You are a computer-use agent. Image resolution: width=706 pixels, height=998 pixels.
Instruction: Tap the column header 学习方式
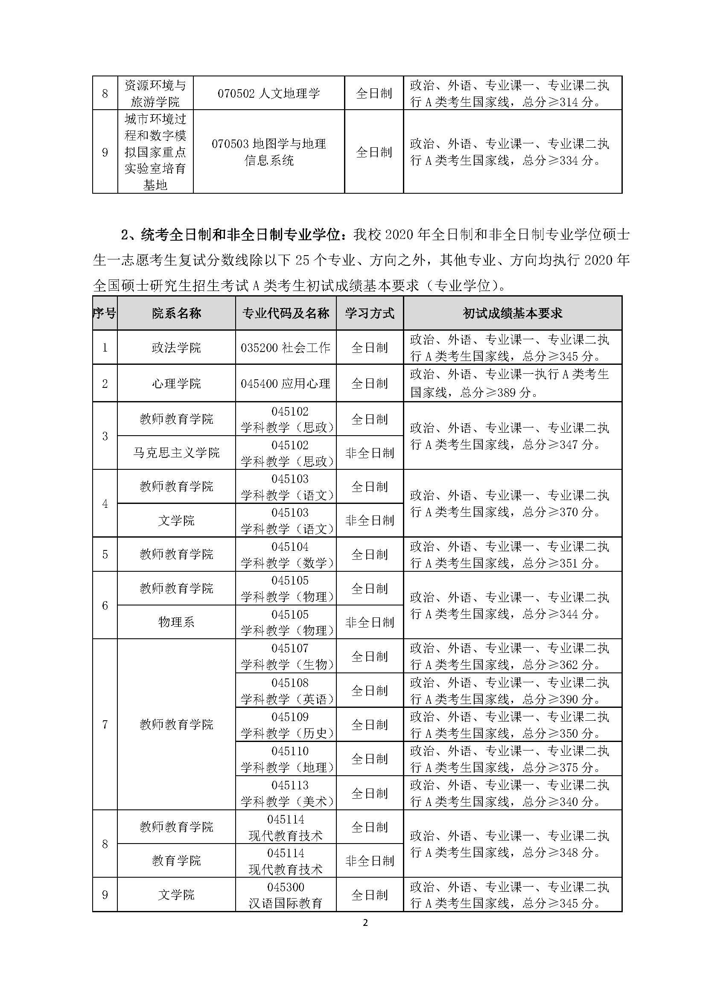[x=370, y=314]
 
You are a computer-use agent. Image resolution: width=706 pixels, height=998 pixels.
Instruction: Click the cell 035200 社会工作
[x=286, y=348]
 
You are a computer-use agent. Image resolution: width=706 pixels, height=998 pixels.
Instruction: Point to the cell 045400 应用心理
[x=286, y=384]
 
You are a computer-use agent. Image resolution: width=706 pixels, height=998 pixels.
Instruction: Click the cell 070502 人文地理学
[x=268, y=93]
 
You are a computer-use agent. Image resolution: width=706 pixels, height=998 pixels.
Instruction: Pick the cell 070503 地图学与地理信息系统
[x=268, y=152]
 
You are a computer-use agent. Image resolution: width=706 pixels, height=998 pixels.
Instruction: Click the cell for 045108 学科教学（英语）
[x=287, y=691]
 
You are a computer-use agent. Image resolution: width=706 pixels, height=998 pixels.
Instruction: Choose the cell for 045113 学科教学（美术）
[x=287, y=793]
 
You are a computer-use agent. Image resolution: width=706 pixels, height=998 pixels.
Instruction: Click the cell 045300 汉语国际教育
[x=286, y=895]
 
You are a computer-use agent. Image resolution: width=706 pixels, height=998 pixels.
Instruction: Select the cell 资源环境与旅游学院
[x=155, y=93]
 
